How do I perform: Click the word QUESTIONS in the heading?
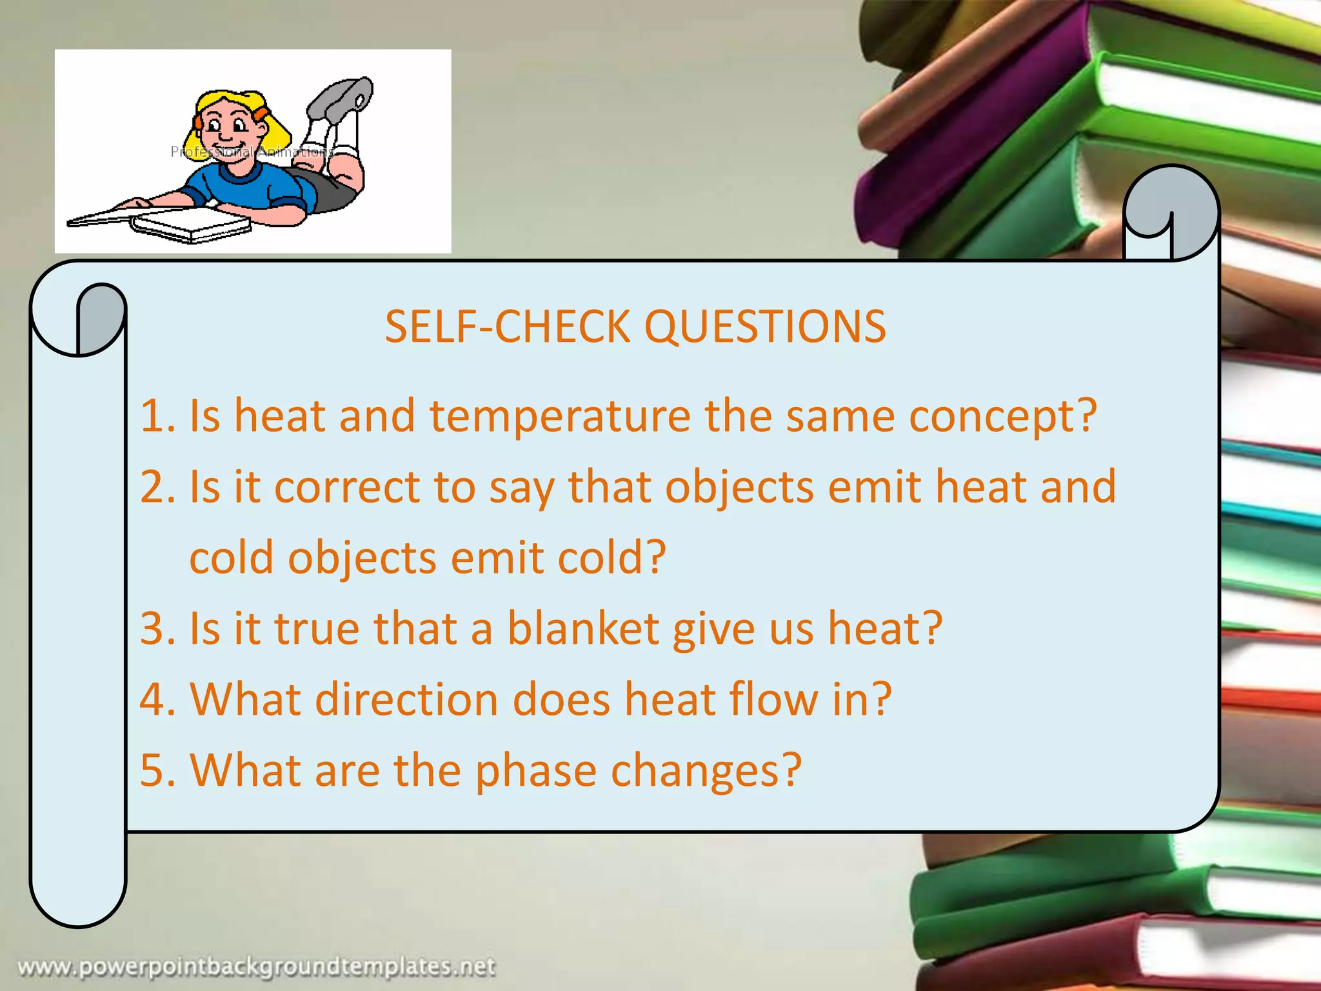pyautogui.click(x=765, y=326)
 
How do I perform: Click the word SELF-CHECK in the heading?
pyautogui.click(x=507, y=326)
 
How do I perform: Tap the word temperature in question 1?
pyautogui.click(x=560, y=415)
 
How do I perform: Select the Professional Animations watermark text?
pyautogui.click(x=252, y=152)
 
